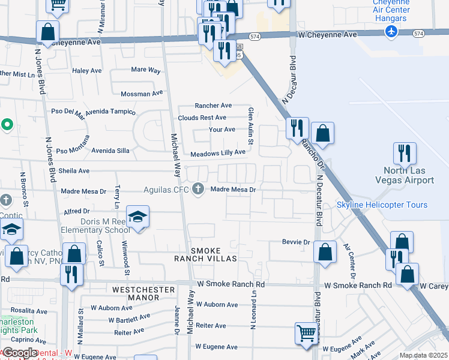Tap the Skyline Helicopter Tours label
tap(382, 205)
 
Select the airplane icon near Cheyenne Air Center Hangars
tap(392, 31)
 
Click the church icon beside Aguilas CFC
tap(198, 190)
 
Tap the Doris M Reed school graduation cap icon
tap(137, 217)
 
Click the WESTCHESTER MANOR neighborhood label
tap(143, 294)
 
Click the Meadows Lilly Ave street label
tap(218, 154)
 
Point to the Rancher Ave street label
tap(213, 106)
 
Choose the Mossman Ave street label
tap(142, 94)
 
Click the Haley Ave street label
tap(87, 71)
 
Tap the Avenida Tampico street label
tap(110, 112)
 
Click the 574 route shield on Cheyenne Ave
tap(255, 37)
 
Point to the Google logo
tap(20, 353)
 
